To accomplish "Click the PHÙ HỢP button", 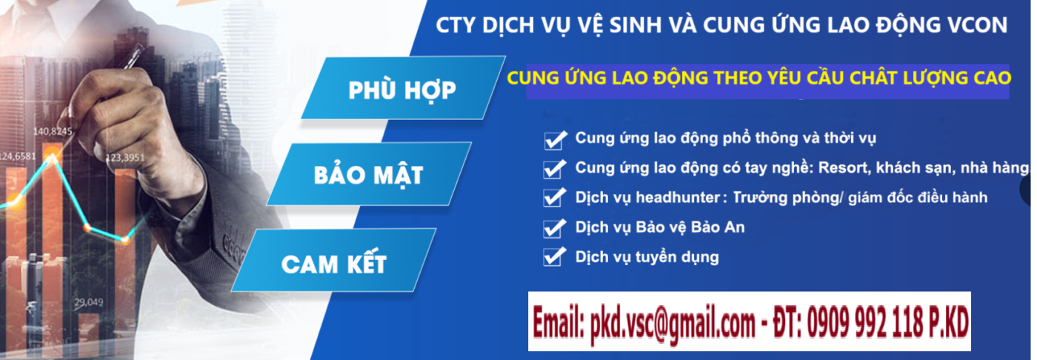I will click(x=402, y=90).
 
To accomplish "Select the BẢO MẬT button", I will click(x=368, y=176).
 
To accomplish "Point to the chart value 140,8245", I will click(x=53, y=132).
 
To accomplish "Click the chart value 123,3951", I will click(x=124, y=158).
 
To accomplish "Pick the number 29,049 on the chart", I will click(x=89, y=302).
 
